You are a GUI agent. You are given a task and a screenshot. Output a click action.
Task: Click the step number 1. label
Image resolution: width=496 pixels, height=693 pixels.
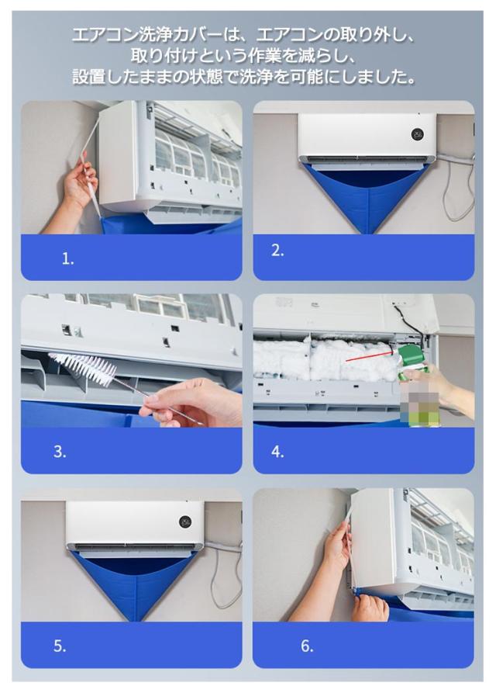point(68,259)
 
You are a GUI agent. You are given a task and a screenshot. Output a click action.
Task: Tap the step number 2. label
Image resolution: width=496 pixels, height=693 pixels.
point(277,251)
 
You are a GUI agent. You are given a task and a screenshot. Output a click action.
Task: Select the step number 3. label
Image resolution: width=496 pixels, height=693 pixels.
point(60,452)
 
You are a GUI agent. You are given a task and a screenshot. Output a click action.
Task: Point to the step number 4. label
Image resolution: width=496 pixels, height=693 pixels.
point(277,452)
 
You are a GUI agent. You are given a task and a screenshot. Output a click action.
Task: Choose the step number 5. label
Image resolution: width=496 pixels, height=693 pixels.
point(60,646)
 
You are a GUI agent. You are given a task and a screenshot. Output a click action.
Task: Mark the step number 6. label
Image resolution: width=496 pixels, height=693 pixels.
point(307,646)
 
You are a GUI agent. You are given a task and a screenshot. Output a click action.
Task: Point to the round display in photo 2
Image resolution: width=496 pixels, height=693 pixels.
point(418,134)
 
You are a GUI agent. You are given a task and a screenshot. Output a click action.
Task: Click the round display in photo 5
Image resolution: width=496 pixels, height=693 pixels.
point(185,521)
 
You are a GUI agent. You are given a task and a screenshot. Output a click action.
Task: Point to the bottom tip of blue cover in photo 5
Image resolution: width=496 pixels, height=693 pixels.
point(137,620)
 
